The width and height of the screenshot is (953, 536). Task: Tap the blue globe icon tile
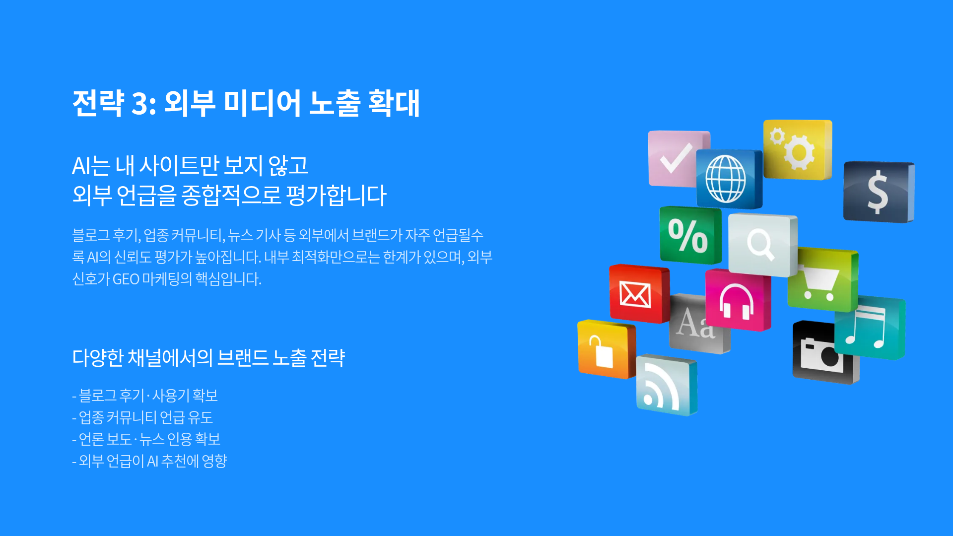click(729, 179)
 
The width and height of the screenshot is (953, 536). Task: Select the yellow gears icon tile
click(797, 149)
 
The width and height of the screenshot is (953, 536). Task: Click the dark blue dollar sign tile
click(879, 192)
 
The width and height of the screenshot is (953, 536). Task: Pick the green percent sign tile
click(690, 235)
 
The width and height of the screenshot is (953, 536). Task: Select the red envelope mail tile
click(639, 294)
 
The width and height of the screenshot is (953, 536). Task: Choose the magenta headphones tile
click(738, 300)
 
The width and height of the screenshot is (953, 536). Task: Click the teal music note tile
click(870, 328)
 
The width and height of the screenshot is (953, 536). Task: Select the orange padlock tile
click(606, 349)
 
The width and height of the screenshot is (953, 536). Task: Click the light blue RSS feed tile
click(667, 385)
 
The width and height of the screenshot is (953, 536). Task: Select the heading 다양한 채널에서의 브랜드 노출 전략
click(208, 357)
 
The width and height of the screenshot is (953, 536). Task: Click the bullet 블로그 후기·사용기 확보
click(145, 396)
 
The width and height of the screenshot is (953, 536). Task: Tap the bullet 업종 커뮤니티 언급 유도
click(142, 417)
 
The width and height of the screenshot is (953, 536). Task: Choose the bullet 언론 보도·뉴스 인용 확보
click(146, 439)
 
